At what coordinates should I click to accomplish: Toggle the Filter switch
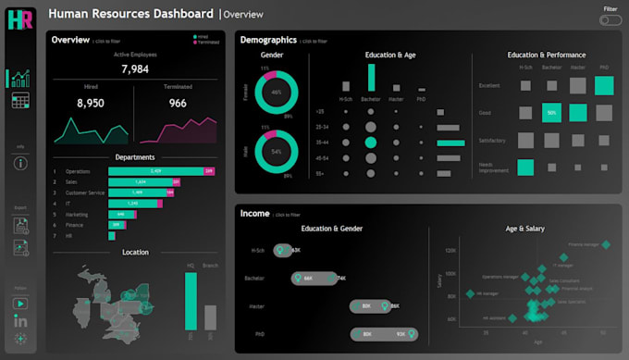tap(610, 20)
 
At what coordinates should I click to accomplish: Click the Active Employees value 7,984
tap(135, 69)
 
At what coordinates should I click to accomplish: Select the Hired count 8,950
tap(90, 104)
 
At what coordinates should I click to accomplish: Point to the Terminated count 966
tap(177, 104)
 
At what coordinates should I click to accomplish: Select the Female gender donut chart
tap(276, 93)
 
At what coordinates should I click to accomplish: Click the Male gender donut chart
tap(276, 151)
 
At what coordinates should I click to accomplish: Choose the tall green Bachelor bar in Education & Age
tap(371, 77)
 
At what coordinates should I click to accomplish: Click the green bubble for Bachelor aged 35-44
tap(371, 143)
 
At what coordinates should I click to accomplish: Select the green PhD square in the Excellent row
tap(604, 86)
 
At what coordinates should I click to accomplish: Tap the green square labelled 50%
tap(552, 113)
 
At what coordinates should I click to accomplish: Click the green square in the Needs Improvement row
tap(525, 168)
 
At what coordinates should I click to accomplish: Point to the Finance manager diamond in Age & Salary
tap(606, 245)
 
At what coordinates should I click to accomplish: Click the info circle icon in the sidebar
tap(20, 163)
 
